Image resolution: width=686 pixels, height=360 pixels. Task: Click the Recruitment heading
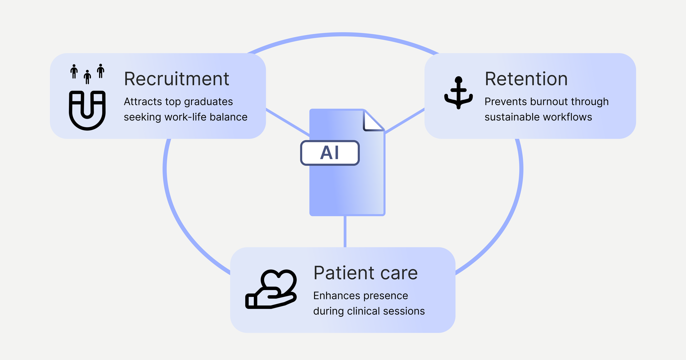(176, 79)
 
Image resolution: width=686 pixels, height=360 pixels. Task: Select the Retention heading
(526, 79)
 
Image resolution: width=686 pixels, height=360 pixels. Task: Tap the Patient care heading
(365, 273)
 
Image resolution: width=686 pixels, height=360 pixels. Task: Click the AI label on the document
(330, 153)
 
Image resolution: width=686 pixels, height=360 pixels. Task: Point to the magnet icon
(87, 110)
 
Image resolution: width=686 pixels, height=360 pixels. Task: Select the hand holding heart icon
(271, 290)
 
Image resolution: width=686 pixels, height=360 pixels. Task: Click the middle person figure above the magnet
(87, 77)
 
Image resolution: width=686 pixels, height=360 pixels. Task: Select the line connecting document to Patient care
(345, 231)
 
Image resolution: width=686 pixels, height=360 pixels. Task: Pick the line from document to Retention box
(405, 120)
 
